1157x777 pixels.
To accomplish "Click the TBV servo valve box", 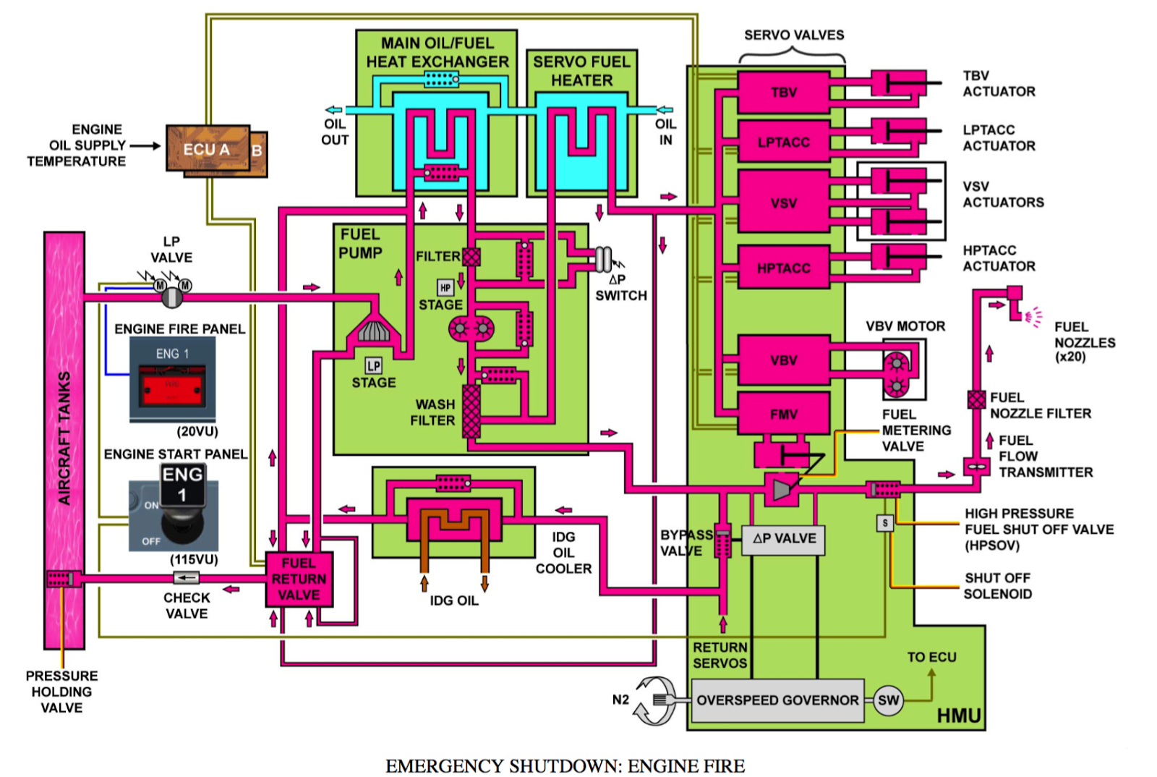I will [783, 93].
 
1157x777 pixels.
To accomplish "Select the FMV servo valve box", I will [783, 414].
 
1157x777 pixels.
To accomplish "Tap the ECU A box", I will [207, 149].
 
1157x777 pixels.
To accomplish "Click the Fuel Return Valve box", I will [299, 579].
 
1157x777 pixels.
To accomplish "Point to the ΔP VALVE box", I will [783, 539].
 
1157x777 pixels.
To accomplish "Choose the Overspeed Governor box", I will [777, 700].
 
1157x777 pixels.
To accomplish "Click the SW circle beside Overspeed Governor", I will [888, 700].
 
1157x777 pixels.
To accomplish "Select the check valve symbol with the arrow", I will [187, 577].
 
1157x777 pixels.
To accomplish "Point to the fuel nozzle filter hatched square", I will [976, 399].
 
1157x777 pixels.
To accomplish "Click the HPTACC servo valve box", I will [783, 268].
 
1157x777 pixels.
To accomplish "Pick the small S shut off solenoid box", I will [885, 523].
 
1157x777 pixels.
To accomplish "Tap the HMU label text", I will [958, 716].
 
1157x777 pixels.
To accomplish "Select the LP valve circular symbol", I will [171, 297].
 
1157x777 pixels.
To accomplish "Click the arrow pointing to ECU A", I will [145, 145].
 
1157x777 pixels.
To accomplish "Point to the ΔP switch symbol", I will [603, 259].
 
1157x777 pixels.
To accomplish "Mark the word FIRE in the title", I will [717, 766].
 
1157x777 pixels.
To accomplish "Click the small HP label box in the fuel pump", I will [445, 288].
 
